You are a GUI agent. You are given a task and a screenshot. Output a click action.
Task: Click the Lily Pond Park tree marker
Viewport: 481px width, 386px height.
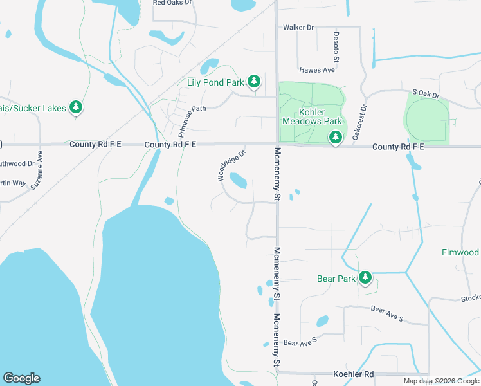[255, 82]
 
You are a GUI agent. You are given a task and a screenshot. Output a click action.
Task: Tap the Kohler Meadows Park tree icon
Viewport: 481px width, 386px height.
[335, 137]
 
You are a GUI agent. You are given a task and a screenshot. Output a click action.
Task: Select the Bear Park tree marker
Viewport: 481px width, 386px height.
[365, 278]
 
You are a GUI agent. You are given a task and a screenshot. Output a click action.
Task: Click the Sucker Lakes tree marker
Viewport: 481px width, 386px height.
[77, 107]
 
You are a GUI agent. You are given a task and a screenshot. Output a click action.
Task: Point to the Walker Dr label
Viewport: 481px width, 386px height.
[298, 28]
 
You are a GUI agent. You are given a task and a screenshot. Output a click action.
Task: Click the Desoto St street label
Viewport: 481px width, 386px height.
[336, 46]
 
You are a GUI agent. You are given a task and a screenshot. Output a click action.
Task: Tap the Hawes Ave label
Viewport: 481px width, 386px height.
[317, 69]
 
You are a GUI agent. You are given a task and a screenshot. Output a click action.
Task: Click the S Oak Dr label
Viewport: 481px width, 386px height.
[426, 95]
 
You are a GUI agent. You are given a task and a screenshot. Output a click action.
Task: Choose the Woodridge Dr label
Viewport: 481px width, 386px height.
[231, 165]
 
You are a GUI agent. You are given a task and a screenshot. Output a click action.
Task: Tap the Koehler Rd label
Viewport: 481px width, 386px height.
[353, 374]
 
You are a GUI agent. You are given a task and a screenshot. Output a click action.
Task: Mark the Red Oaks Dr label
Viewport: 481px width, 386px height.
[172, 3]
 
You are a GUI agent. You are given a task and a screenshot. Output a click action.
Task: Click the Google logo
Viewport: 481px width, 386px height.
[21, 378]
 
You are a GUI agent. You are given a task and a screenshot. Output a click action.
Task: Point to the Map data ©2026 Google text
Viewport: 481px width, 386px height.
[440, 381]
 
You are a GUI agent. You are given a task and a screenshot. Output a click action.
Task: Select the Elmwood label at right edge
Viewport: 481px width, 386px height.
[460, 252]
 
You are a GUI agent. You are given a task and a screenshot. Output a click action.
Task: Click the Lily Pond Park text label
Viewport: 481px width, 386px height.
[215, 82]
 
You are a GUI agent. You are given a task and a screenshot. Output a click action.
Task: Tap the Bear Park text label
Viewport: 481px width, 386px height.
[336, 279]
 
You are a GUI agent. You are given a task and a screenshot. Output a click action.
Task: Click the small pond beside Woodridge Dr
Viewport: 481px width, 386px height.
[237, 181]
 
